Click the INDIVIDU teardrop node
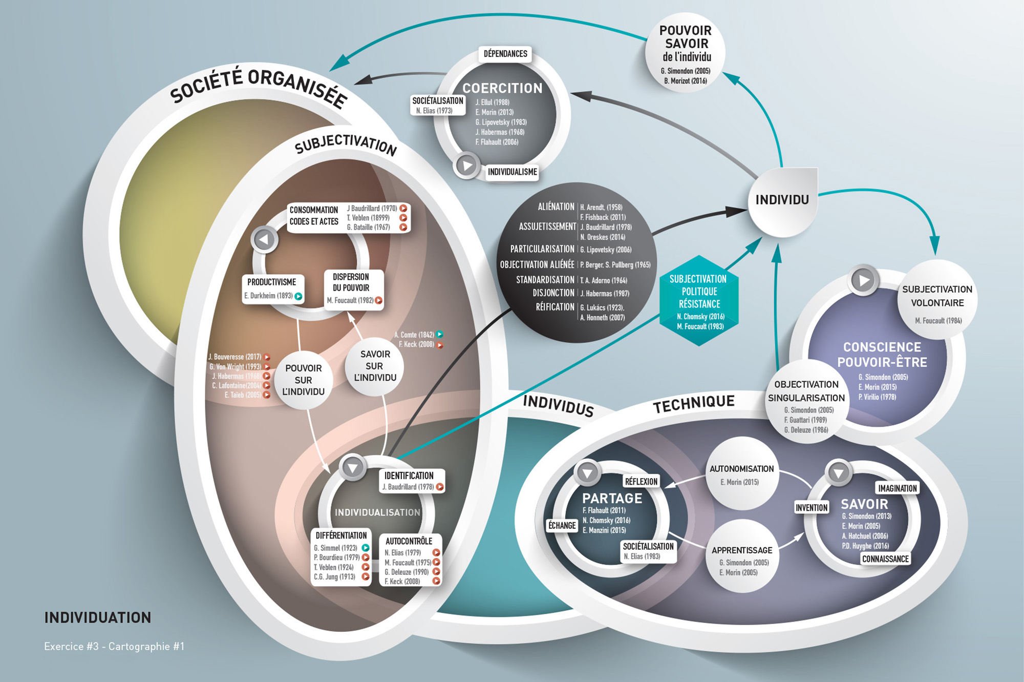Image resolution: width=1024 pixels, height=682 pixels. [x=782, y=201]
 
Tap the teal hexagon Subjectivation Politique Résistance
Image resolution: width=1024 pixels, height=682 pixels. [x=699, y=301]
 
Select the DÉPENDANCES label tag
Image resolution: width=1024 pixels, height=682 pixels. [x=505, y=54]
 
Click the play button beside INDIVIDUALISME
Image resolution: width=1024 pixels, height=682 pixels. [x=466, y=166]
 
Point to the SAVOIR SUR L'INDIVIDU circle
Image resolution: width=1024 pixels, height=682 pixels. [x=374, y=366]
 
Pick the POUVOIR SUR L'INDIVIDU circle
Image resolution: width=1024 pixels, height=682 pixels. [x=303, y=380]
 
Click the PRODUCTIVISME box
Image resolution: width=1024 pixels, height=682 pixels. [x=272, y=288]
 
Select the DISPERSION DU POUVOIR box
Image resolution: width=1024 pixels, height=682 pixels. [x=354, y=288]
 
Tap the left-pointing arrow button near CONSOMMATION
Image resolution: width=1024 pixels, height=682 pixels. [x=265, y=239]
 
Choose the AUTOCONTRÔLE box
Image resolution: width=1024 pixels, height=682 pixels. [x=411, y=560]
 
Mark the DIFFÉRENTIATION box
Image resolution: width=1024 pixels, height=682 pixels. [x=341, y=556]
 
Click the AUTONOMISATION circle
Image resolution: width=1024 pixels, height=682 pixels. [x=741, y=474]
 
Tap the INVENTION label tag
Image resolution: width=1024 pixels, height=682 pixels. [x=811, y=507]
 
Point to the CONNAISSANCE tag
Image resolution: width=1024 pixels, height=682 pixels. [x=885, y=559]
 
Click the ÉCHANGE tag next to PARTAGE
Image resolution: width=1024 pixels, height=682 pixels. [x=562, y=525]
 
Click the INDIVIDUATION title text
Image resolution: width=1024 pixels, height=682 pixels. [x=98, y=617]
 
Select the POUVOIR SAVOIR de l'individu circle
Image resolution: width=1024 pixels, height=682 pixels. [x=686, y=53]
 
